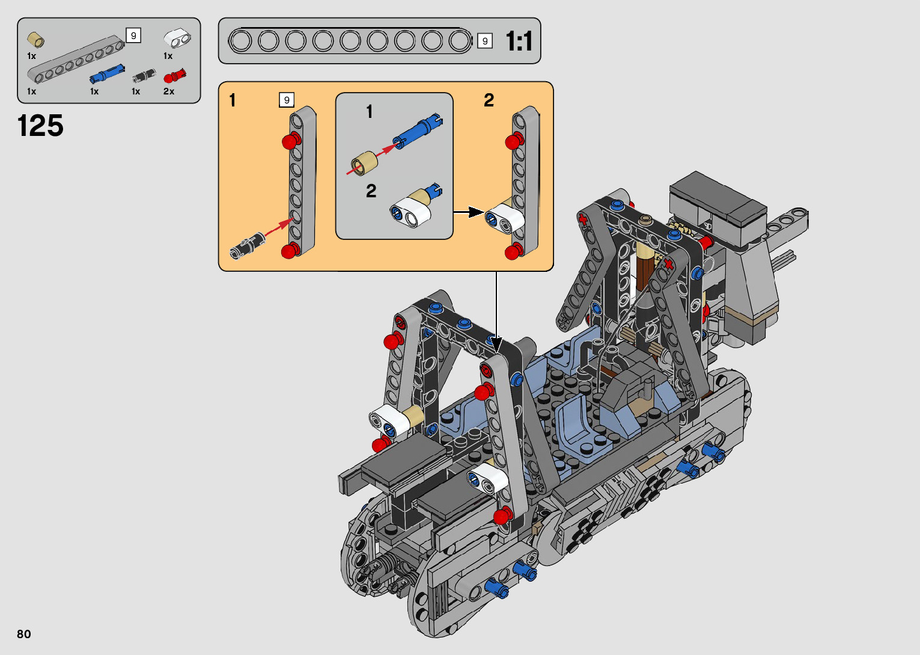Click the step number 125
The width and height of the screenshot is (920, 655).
[x=40, y=126]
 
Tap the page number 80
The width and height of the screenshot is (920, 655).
[x=24, y=633]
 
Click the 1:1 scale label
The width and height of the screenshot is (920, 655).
[x=519, y=41]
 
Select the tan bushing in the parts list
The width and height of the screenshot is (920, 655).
[x=35, y=40]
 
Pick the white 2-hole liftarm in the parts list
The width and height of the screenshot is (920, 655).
[x=177, y=38]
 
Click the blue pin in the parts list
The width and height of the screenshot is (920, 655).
[x=107, y=74]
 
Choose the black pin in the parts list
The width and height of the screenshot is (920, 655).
[x=144, y=76]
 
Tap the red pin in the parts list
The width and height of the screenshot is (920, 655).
[x=174, y=76]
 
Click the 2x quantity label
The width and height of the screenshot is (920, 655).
[x=169, y=91]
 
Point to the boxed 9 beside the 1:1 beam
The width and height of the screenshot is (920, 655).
[x=485, y=41]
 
